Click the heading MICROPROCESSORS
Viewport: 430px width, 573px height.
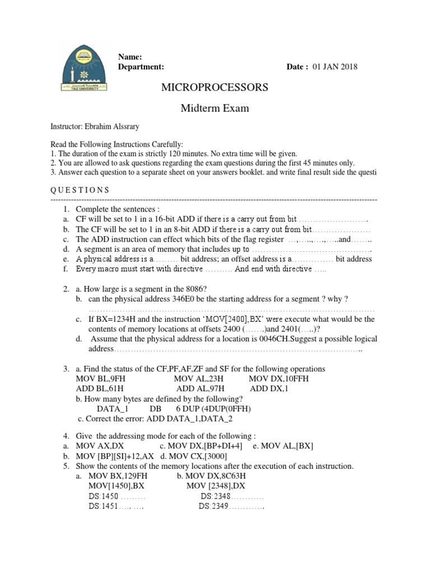point(214,87)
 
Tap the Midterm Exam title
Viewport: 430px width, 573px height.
point(214,108)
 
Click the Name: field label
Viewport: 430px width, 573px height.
point(130,57)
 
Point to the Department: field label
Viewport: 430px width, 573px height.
point(141,67)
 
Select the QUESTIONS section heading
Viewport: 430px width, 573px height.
point(80,190)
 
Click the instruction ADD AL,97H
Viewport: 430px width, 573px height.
point(200,388)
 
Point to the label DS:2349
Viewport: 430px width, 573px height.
point(214,506)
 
